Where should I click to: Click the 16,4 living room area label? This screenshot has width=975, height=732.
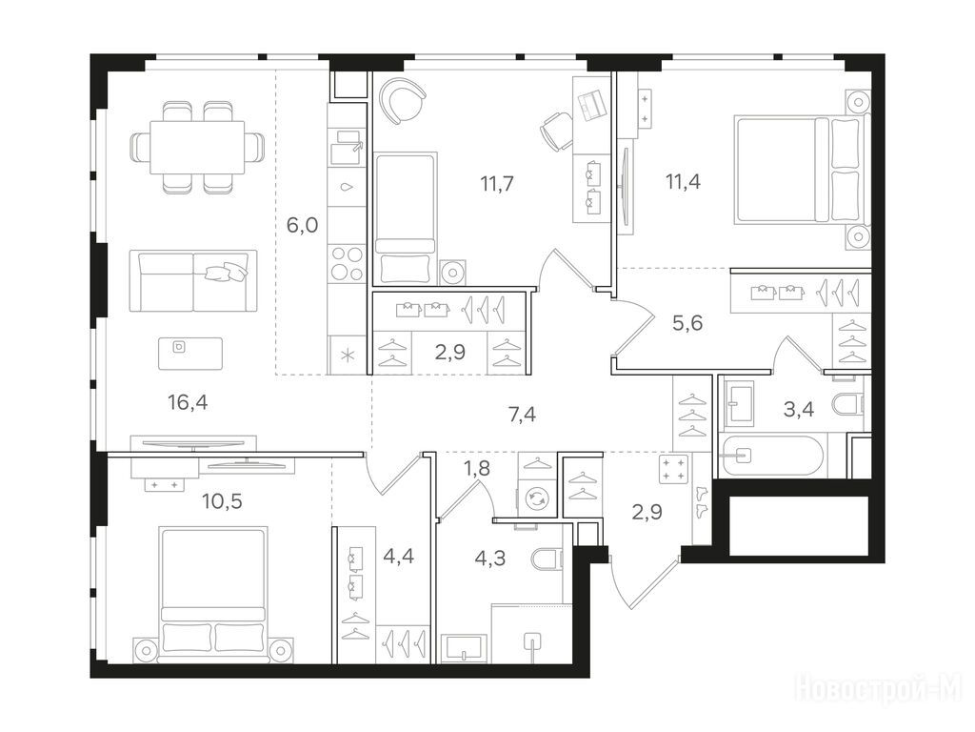[188, 403]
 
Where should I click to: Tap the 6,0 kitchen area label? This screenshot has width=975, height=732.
[302, 225]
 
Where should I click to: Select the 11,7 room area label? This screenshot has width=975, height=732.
[497, 184]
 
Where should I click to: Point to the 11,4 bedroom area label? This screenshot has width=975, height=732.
[683, 182]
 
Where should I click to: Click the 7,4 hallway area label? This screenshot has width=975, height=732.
[523, 414]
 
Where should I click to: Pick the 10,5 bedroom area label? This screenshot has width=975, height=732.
[222, 500]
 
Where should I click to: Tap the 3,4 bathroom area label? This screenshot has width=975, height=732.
[799, 409]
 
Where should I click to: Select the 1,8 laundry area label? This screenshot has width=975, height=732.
[477, 468]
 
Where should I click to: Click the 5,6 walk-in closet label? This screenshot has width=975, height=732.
[687, 322]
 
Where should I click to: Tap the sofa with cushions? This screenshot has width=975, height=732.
[193, 281]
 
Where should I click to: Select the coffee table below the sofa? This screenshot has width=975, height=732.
[189, 353]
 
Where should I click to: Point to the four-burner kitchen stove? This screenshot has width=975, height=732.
[347, 264]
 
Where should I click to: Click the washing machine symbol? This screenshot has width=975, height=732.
[535, 498]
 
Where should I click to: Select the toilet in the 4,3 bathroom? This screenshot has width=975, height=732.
[547, 559]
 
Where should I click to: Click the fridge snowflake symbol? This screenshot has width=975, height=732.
[348, 356]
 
